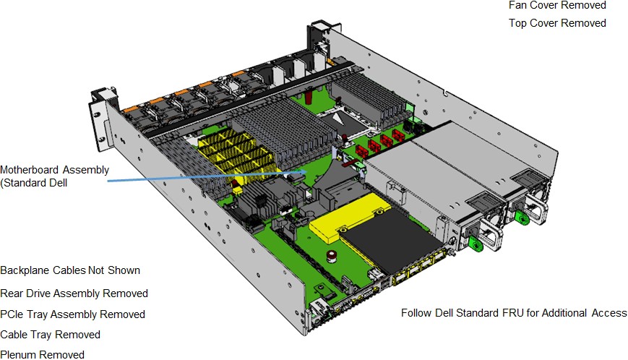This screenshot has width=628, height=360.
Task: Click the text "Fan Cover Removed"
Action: coord(557,5)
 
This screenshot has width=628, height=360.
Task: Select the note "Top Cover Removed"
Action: coord(557,23)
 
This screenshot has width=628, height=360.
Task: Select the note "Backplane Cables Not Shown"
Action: coord(70,270)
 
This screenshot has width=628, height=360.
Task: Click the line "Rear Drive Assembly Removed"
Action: coord(74,293)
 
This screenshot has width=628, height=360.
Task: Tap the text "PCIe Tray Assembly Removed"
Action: coord(72,314)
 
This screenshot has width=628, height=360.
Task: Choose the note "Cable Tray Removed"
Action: coord(50,335)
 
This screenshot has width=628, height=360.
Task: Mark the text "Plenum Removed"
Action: coord(42,354)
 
